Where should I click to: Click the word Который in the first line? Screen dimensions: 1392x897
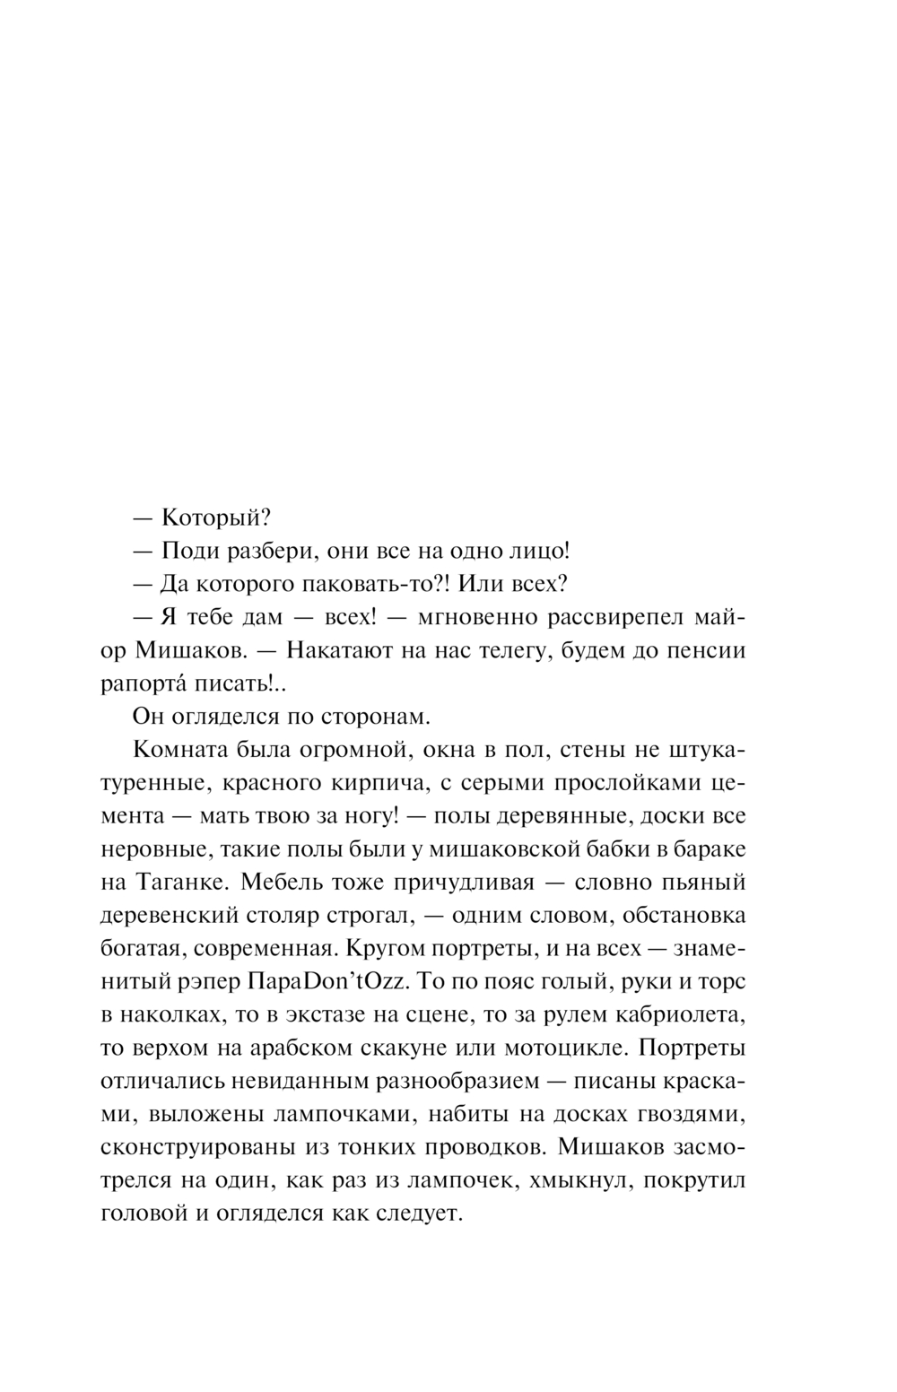215,518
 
